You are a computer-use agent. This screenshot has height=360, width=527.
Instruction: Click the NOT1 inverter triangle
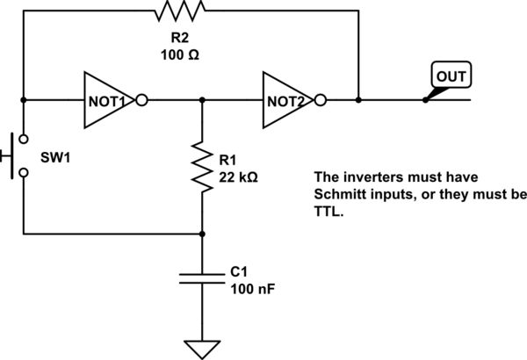click(x=110, y=99)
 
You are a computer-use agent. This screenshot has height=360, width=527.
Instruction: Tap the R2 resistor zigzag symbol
click(x=179, y=11)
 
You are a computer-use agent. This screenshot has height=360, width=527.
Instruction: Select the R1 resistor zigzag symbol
click(x=203, y=167)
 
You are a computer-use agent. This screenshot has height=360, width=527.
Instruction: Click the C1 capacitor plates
click(x=203, y=278)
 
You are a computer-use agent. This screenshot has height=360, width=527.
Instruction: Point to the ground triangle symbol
click(x=203, y=349)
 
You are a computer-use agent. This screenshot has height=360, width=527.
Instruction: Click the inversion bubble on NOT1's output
click(x=142, y=99)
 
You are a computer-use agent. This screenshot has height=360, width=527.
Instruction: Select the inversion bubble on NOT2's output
click(x=322, y=99)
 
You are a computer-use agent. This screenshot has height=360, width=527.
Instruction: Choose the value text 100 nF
click(x=252, y=289)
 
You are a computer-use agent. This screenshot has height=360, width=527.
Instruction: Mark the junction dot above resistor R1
click(x=203, y=99)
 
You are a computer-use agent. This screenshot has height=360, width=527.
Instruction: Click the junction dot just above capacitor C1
click(x=203, y=234)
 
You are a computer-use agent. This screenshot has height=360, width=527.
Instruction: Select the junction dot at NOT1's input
click(x=22, y=99)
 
